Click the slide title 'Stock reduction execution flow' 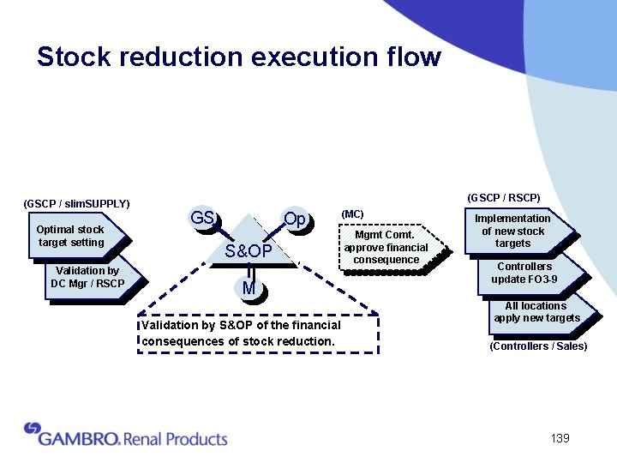coord(238,57)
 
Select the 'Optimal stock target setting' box coord(70,236)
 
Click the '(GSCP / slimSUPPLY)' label coord(75,204)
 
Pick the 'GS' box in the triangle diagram coord(202,219)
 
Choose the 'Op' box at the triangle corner coord(295,219)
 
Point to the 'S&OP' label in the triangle coord(249,250)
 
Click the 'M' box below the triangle coord(249,289)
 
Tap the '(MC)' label coord(352,213)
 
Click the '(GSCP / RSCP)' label coord(504,198)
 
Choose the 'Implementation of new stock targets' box coord(512,231)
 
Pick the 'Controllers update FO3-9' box coord(524,273)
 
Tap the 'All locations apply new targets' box coord(536,312)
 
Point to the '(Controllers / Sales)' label coord(538,346)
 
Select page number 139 coord(560,439)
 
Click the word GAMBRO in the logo coord(77,438)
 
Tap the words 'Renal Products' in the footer coord(176,439)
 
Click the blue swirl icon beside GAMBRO coord(33,428)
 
